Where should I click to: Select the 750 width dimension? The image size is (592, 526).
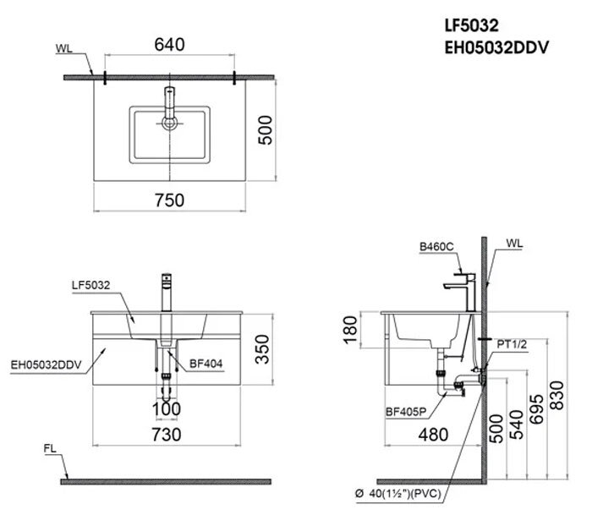point(169,200)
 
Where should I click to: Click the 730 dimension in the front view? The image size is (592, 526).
point(170,434)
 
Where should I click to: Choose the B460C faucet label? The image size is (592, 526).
point(436,246)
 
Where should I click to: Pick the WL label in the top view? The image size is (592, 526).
point(64,48)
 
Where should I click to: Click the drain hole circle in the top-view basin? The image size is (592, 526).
point(170,123)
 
